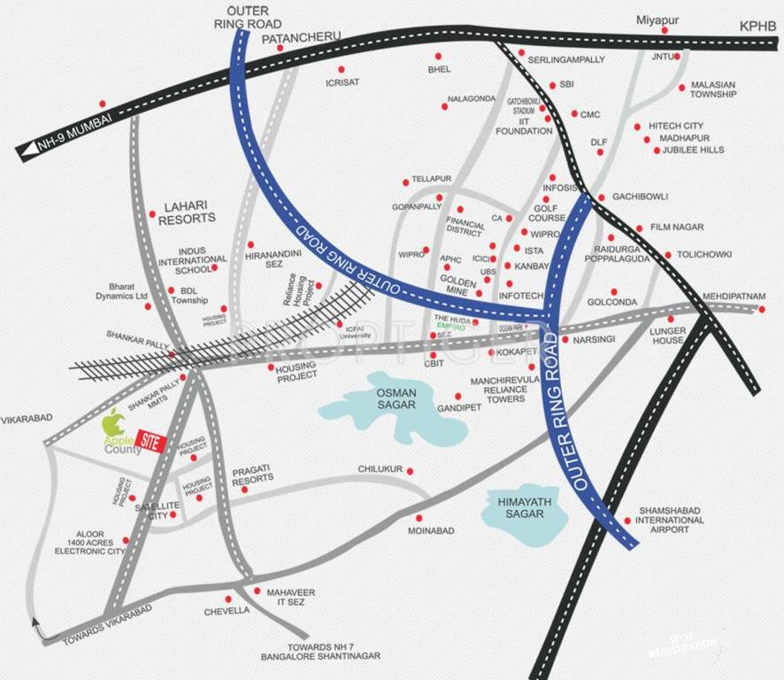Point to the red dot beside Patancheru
[x=280, y=49]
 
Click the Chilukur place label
[x=380, y=468]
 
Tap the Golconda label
[x=611, y=302]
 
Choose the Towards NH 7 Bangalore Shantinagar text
[x=319, y=651]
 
